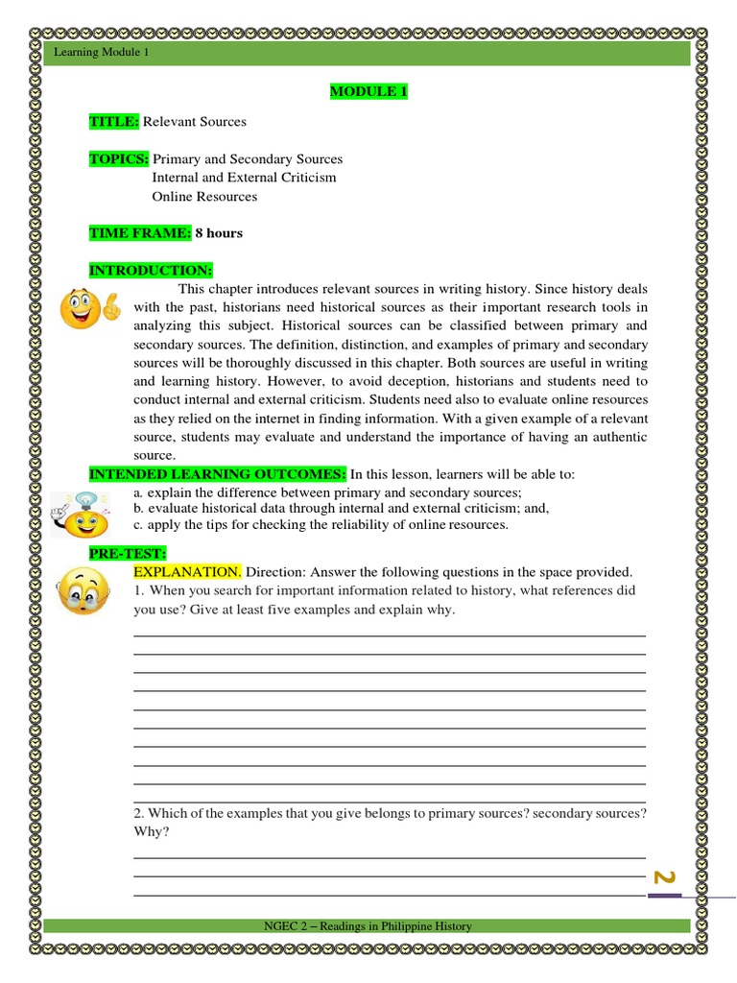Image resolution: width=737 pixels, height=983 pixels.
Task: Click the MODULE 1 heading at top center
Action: (363, 91)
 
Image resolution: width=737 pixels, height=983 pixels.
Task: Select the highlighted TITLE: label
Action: (114, 122)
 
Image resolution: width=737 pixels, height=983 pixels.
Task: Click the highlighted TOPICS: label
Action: (119, 159)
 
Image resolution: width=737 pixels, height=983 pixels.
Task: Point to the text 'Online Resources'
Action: (204, 197)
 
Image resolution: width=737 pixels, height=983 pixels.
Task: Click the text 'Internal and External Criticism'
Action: (244, 178)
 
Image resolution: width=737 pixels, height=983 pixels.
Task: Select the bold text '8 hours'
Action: (219, 233)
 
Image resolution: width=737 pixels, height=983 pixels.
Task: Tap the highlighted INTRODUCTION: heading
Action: (151, 271)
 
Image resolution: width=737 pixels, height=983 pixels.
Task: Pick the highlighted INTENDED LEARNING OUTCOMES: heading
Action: (218, 475)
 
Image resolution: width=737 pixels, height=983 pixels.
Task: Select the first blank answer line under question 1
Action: (389, 635)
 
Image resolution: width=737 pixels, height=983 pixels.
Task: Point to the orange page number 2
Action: (664, 877)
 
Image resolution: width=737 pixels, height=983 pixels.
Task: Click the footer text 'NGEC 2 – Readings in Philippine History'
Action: (368, 926)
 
